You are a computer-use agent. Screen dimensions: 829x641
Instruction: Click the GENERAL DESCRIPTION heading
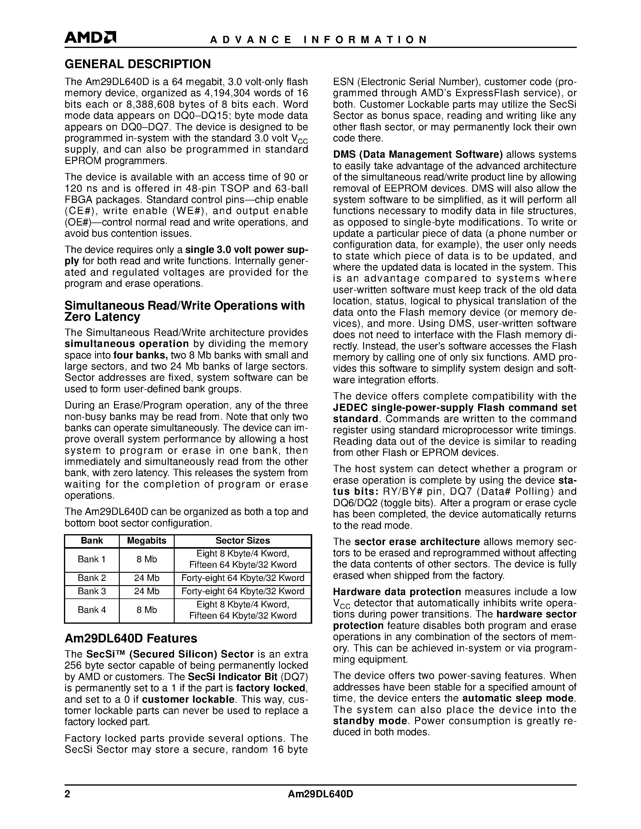[138, 64]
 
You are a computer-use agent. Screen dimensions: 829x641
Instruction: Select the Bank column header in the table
[92, 541]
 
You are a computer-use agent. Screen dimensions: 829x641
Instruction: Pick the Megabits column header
[147, 541]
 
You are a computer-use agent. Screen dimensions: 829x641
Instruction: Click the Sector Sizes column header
[243, 541]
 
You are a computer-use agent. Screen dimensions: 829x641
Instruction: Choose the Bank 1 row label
[92, 559]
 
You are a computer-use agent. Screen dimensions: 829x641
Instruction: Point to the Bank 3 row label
[92, 591]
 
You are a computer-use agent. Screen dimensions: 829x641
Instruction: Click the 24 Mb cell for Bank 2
[147, 578]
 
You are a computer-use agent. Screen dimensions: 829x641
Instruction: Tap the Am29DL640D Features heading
[131, 638]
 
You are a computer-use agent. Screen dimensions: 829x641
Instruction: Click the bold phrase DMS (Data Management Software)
[418, 154]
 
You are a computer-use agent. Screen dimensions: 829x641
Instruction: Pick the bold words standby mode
[370, 721]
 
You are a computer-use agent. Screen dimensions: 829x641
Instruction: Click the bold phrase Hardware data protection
[397, 592]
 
